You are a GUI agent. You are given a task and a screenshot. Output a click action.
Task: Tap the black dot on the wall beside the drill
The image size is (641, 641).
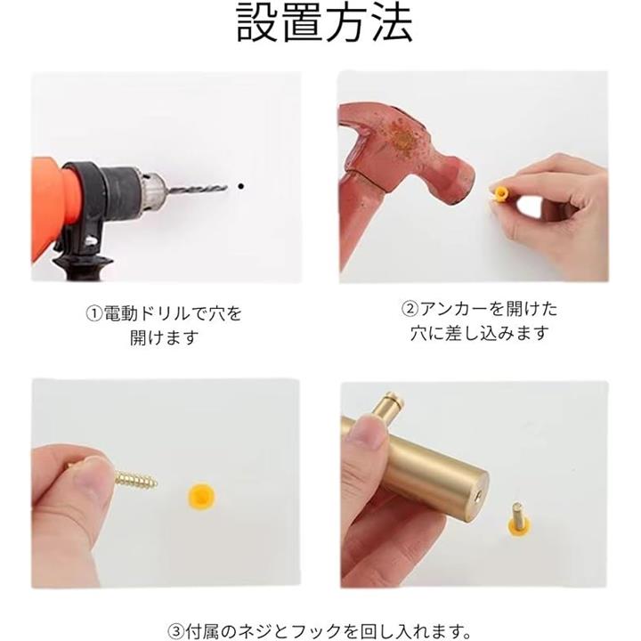[x=240, y=186]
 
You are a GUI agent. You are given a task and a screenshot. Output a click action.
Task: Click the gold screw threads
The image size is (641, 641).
[x=135, y=479]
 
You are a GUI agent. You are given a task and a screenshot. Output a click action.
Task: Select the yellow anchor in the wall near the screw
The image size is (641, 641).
[x=201, y=497]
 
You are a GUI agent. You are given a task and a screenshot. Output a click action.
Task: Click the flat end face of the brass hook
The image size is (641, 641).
[x=478, y=496]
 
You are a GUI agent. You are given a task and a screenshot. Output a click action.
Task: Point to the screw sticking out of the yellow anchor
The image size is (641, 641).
[x=517, y=515]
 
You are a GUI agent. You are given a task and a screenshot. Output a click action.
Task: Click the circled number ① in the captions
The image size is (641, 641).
[x=93, y=314]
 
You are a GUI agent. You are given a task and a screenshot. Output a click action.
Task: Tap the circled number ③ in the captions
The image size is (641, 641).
[x=176, y=631]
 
